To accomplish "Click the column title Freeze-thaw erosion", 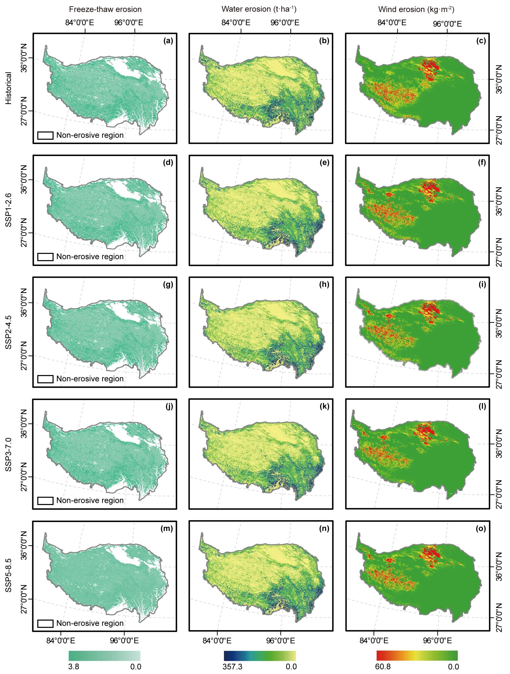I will tap(105, 9).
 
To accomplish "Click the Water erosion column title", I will tap(259, 9).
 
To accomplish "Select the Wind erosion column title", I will tap(416, 9).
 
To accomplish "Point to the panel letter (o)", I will tap(481, 528).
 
